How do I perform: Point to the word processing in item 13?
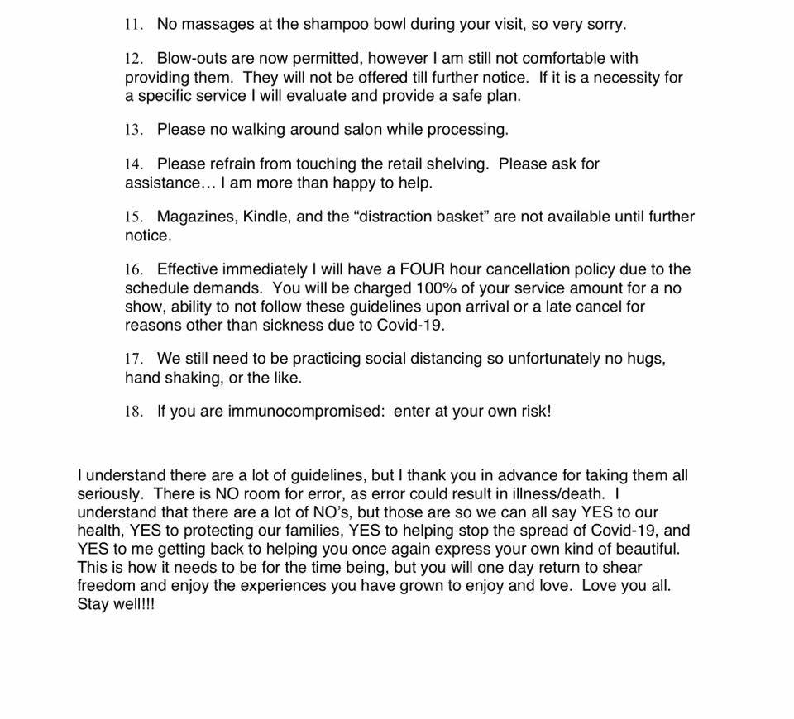[x=471, y=130]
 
